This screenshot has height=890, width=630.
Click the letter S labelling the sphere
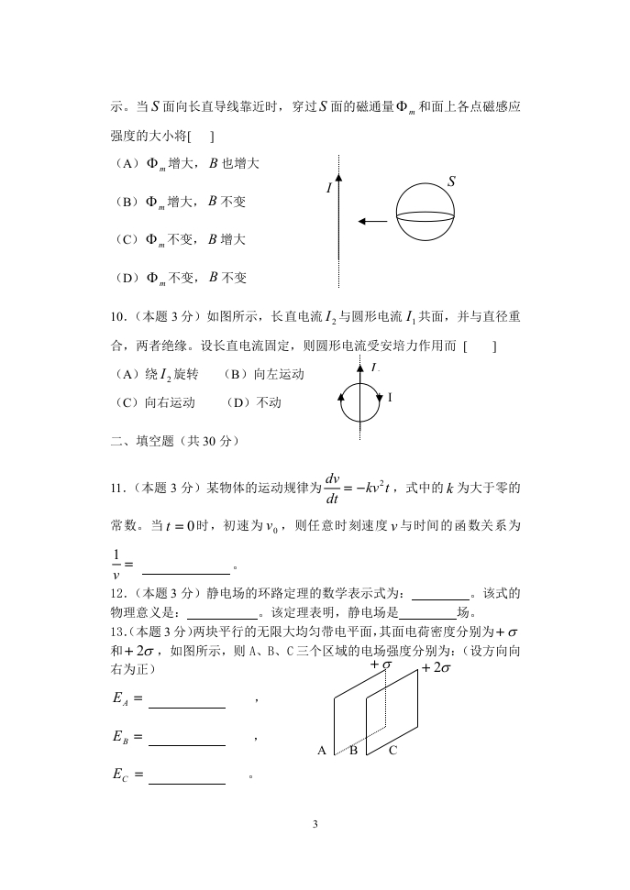pyautogui.click(x=451, y=182)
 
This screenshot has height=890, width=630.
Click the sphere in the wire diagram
pyautogui.click(x=426, y=214)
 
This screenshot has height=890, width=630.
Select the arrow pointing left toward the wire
pyautogui.click(x=372, y=221)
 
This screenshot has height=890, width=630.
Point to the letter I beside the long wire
pyautogui.click(x=328, y=188)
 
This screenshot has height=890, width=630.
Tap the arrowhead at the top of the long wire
pyautogui.click(x=338, y=176)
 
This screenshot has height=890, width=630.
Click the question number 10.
pyautogui.click(x=117, y=317)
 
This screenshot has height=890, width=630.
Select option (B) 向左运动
pyautogui.click(x=264, y=375)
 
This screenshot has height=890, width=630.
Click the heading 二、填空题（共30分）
pyautogui.click(x=174, y=441)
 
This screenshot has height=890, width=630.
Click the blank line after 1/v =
pyautogui.click(x=194, y=573)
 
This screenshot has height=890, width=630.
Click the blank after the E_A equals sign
pyautogui.click(x=186, y=707)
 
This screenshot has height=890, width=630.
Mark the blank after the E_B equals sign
pyautogui.click(x=186, y=744)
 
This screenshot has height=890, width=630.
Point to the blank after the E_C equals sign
pyautogui.click(x=186, y=783)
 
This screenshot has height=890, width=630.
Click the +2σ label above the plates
pyautogui.click(x=436, y=669)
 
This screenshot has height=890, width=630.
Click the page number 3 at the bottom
pyautogui.click(x=315, y=825)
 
